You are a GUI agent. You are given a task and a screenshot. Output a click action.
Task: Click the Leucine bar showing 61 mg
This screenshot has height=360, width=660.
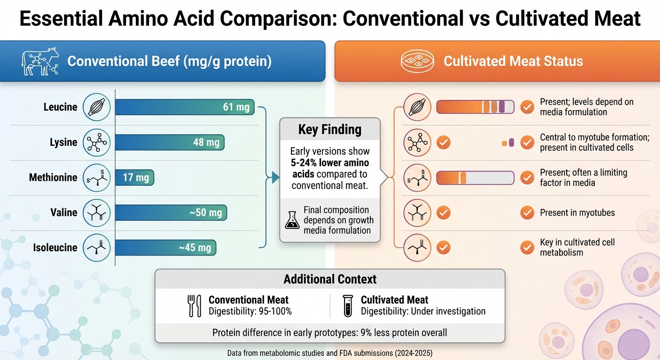point(185,107)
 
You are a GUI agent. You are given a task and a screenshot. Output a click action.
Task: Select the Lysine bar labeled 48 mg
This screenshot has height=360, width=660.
point(170,142)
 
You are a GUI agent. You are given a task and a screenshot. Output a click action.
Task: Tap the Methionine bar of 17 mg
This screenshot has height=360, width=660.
point(135,178)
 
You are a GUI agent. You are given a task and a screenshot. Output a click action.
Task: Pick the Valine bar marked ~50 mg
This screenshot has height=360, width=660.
point(171,213)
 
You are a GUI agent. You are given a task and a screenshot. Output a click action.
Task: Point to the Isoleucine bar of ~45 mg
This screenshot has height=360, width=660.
point(165,248)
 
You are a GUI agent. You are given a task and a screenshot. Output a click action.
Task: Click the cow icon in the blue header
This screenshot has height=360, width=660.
point(40,61)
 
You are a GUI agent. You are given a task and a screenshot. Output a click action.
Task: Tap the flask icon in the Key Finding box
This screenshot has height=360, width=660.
point(292,220)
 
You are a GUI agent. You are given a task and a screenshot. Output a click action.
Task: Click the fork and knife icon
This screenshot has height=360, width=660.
point(194,306)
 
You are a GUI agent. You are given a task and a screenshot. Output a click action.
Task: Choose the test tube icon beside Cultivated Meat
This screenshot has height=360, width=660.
point(347,306)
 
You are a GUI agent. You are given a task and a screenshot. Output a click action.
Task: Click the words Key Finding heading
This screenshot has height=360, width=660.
point(330,130)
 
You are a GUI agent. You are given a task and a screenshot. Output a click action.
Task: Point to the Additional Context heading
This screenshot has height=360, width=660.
point(330,280)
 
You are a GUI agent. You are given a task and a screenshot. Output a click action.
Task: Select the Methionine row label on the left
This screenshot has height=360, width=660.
point(53,178)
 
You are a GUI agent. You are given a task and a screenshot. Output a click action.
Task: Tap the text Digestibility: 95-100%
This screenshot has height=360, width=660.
point(250,311)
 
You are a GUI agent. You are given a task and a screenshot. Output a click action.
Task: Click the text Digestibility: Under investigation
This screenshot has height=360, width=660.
point(423,311)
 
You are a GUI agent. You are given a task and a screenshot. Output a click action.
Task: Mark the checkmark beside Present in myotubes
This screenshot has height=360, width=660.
point(527,213)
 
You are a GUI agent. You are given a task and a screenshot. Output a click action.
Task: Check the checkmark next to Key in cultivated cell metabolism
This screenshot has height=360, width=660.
point(527,247)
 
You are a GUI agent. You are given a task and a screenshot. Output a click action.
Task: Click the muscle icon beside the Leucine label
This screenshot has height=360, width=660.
point(97,107)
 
